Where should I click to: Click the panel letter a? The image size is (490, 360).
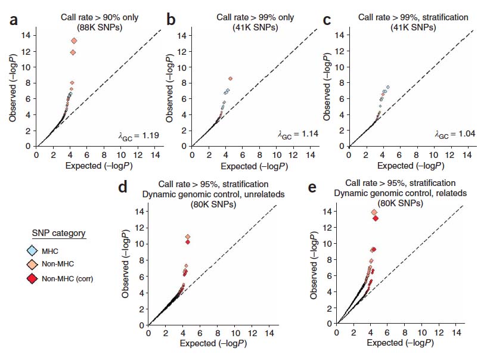pos(14,22)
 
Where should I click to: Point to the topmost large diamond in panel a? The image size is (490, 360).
pos(74,41)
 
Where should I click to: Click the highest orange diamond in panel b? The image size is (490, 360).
pos(230,78)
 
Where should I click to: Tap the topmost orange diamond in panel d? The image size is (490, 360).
pos(188,237)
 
